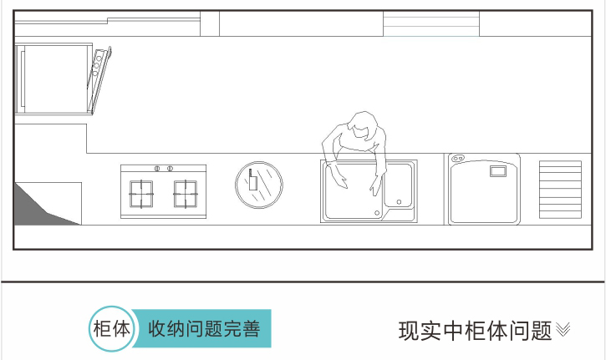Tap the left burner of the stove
tap(141, 193)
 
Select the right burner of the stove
tap(186, 193)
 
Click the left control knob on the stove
tap(156, 169)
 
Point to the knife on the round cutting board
tap(251, 181)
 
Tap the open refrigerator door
tap(100, 79)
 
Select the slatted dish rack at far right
tap(560, 190)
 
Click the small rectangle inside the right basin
tap(497, 171)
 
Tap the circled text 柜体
tap(111, 328)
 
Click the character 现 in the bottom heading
tap(409, 331)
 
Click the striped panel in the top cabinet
tap(430, 24)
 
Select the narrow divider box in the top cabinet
tap(210, 24)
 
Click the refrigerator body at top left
tap(52, 79)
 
